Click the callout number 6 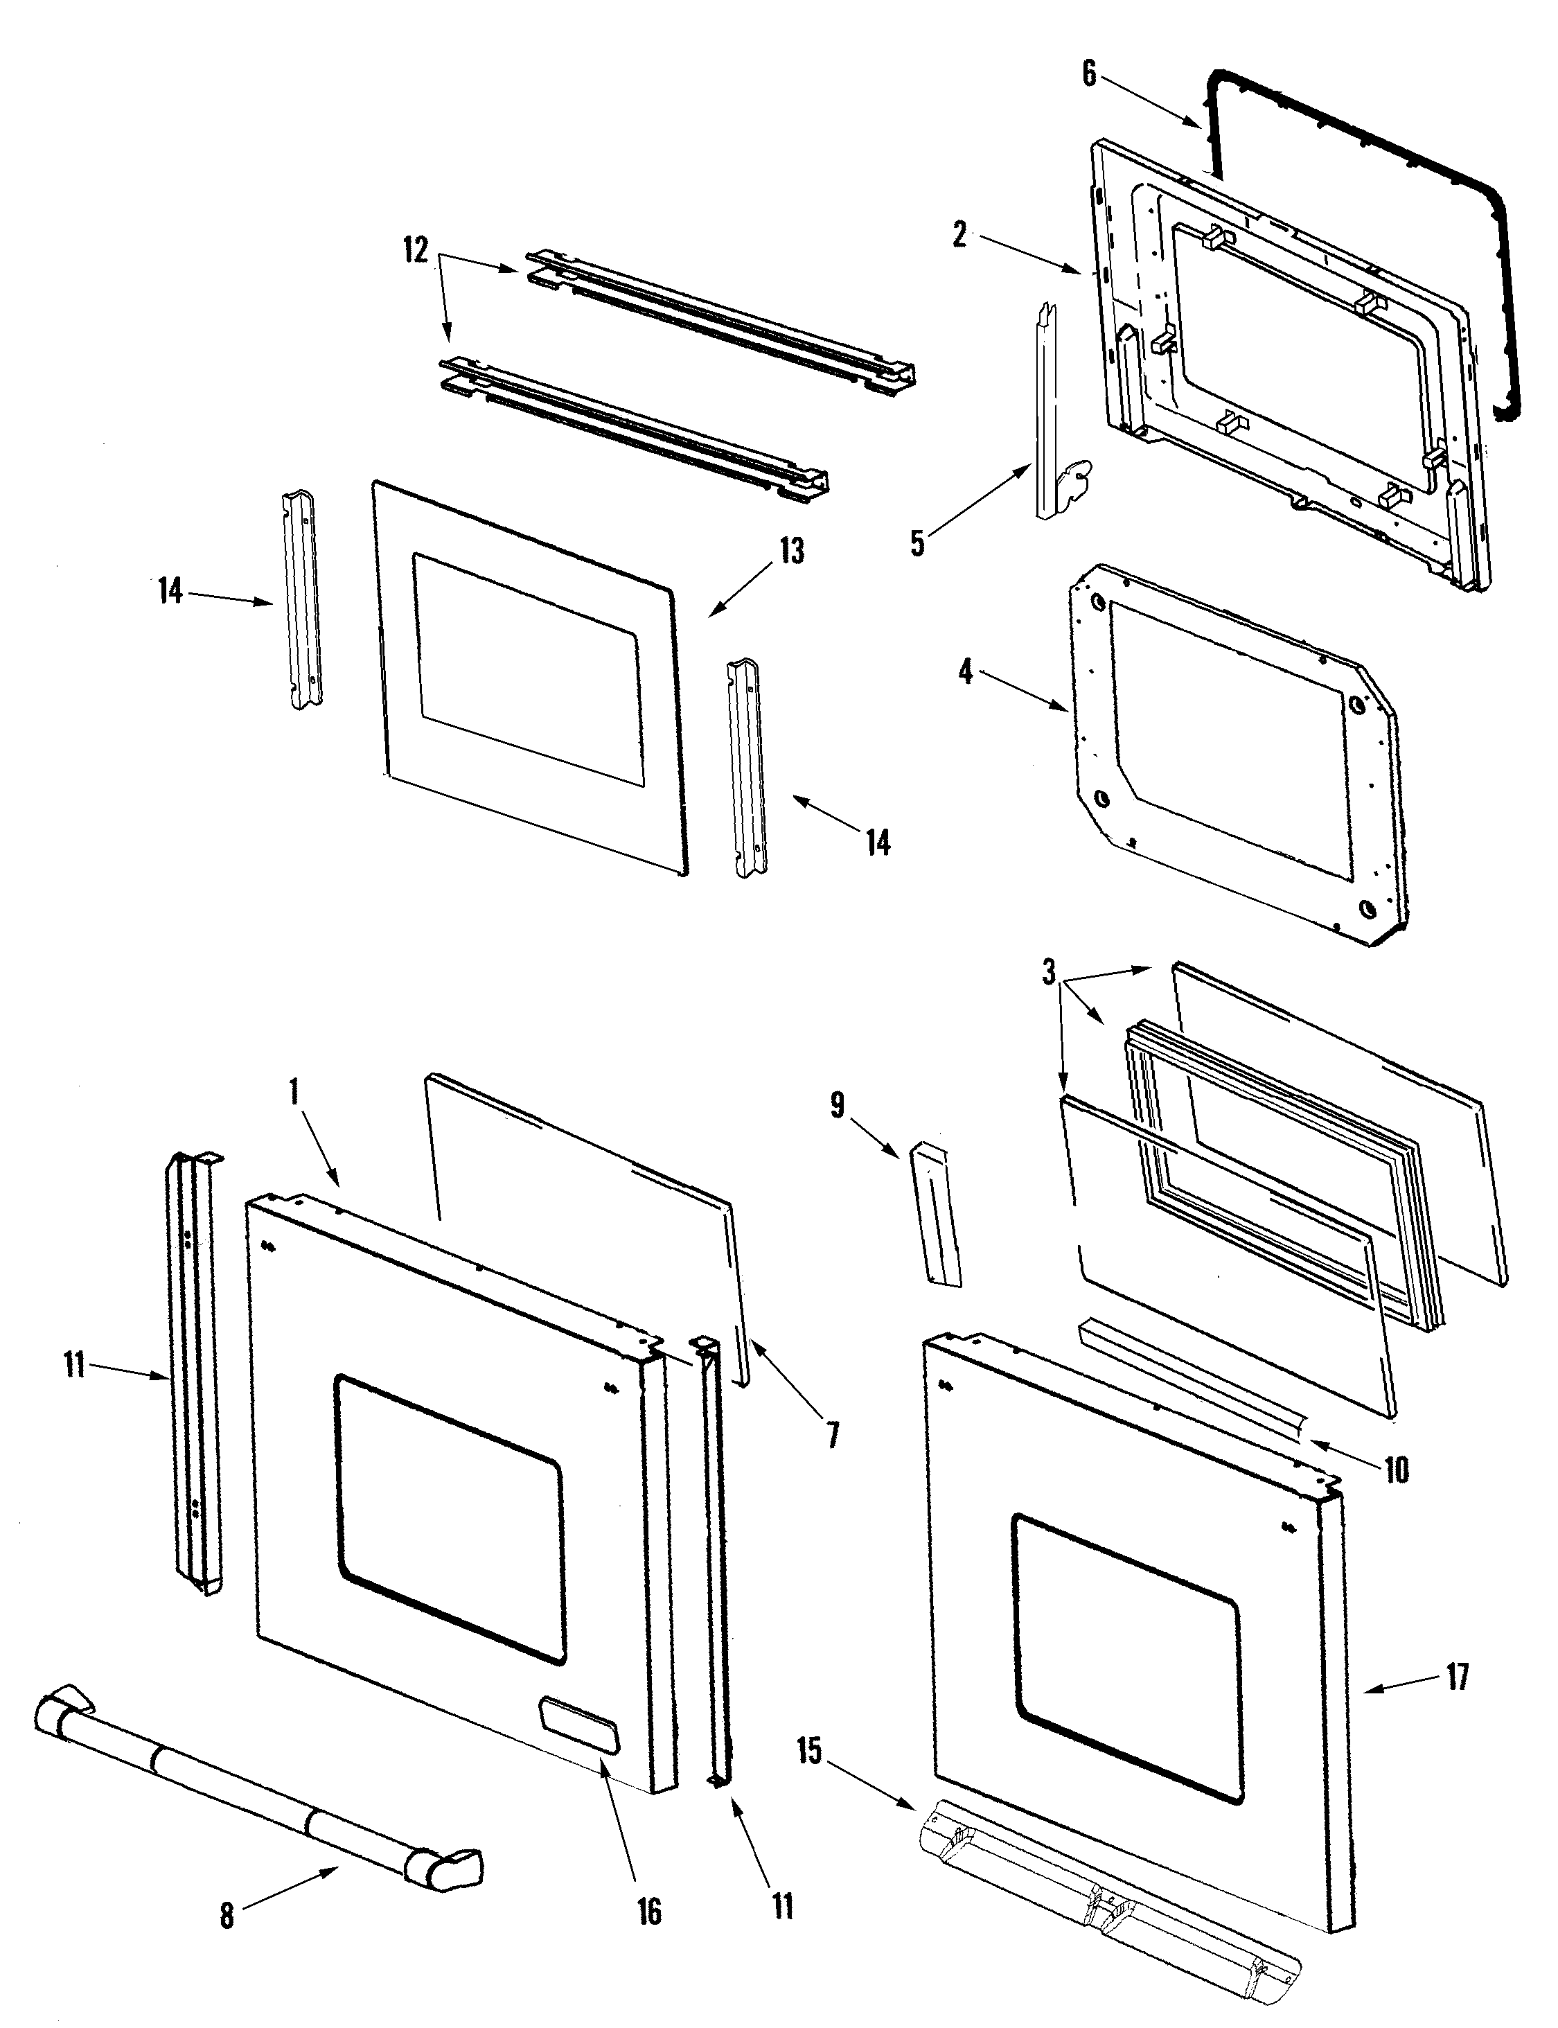pos(1090,74)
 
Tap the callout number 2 pos(960,235)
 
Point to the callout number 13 pos(790,551)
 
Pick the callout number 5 pos(917,543)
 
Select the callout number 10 pos(1397,1470)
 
